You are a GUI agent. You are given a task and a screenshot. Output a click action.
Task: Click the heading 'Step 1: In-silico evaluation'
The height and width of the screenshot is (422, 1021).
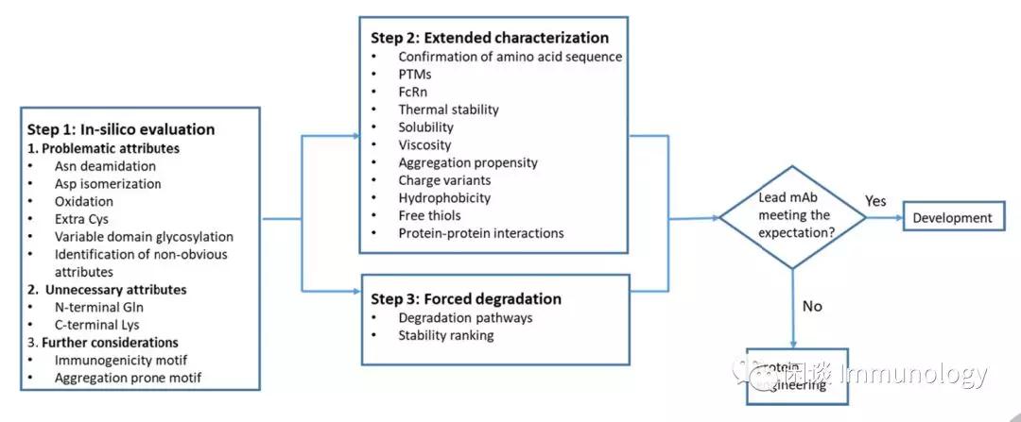point(121,129)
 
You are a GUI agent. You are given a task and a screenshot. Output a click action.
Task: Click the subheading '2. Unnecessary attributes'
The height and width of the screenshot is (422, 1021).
point(107,289)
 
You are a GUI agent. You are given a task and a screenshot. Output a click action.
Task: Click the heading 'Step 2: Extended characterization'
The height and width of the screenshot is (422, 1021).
point(490,38)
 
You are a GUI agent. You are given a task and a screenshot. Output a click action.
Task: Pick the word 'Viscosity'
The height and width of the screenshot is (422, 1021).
point(424,145)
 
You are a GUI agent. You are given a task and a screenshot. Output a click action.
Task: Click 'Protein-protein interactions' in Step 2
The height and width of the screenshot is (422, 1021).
point(480,233)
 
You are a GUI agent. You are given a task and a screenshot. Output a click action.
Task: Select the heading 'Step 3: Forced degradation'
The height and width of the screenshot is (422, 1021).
point(467,298)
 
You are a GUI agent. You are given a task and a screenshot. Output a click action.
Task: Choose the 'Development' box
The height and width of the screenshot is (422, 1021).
point(952,218)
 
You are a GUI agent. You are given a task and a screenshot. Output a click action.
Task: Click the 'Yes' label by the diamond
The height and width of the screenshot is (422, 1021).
point(875,201)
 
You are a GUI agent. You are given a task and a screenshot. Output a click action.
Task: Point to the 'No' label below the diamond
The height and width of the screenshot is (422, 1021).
point(811,307)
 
